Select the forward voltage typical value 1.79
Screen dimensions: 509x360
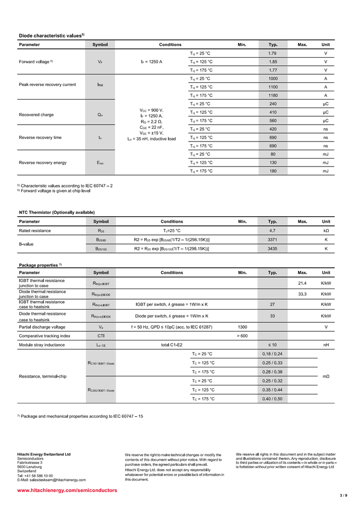point(273,54)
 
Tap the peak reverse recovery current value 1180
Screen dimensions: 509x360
point(273,95)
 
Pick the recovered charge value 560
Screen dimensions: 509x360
point(273,121)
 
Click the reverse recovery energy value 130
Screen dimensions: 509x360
point(273,163)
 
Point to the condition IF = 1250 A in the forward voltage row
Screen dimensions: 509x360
point(152,62)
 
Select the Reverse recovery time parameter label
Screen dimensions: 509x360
point(40,137)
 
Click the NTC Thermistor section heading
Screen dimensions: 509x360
point(57,212)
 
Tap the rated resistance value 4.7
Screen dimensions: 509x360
point(273,231)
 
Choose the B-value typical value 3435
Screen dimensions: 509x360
point(273,248)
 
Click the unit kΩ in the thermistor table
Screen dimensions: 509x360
point(326,231)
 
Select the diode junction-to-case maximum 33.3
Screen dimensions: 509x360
point(302,294)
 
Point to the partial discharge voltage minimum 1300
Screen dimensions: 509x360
point(242,327)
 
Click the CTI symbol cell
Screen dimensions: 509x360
point(101,336)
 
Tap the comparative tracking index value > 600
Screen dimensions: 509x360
point(242,336)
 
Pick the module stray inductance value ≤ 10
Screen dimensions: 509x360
point(273,345)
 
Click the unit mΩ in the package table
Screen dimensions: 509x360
point(326,376)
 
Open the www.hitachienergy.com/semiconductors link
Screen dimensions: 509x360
point(67,490)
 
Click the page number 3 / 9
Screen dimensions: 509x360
point(343,495)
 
